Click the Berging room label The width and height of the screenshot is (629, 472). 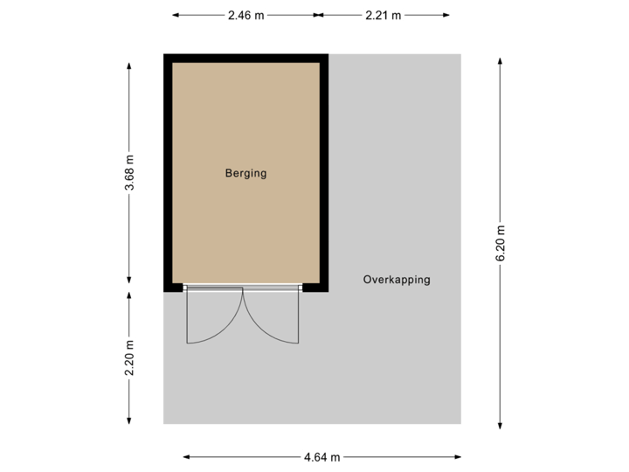(x=245, y=173)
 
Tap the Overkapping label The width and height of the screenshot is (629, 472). (x=397, y=281)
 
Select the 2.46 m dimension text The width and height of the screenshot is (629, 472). (x=245, y=15)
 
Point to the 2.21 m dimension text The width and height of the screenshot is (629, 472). (x=383, y=15)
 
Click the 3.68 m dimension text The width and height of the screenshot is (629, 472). (x=130, y=174)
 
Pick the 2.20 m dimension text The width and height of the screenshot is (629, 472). (x=130, y=358)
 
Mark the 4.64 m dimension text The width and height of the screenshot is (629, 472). (x=322, y=456)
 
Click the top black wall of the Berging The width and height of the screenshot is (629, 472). (x=245, y=58)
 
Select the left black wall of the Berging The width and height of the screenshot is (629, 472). (x=167, y=173)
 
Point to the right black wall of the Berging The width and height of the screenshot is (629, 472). (x=323, y=173)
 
